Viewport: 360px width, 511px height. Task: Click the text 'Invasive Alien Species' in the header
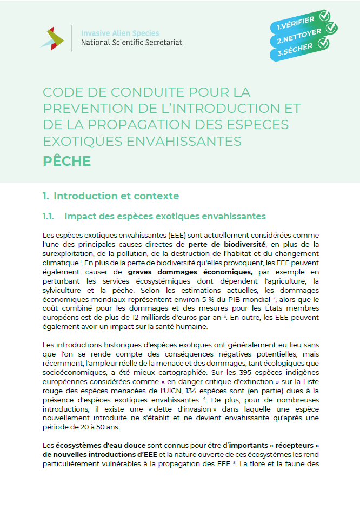117,32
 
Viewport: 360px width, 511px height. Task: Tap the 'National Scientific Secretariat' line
131,42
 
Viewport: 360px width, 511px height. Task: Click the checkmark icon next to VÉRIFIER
324,16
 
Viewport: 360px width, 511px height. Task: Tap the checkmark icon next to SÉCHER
323,44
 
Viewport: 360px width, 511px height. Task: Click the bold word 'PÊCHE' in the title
67,162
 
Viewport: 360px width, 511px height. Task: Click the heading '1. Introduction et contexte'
111,196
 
